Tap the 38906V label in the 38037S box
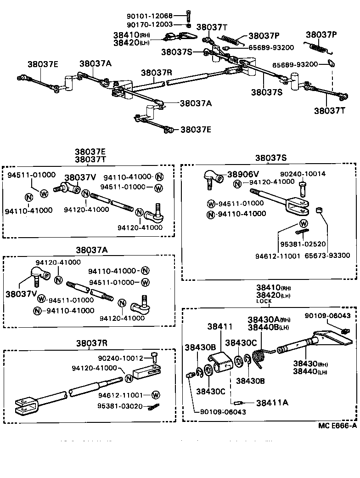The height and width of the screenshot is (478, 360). tap(242, 175)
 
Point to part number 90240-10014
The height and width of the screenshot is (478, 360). tap(303, 174)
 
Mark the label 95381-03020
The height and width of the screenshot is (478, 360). tap(121, 406)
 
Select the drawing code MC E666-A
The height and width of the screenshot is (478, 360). tap(337, 425)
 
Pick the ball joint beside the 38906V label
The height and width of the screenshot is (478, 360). tap(212, 177)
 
